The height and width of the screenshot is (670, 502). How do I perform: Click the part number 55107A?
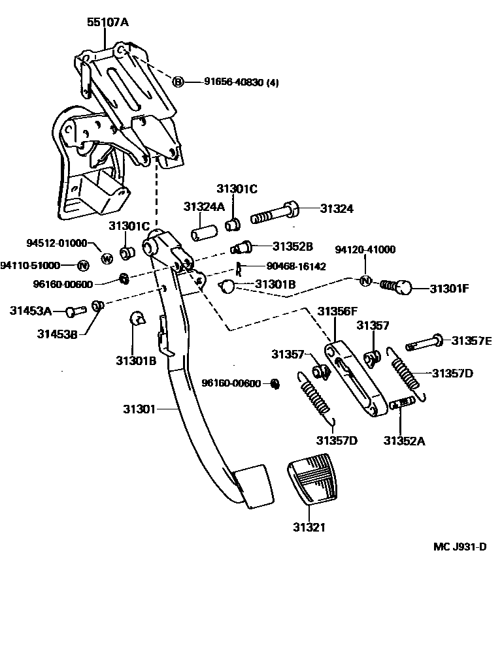(108, 22)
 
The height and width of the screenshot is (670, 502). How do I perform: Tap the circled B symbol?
(178, 82)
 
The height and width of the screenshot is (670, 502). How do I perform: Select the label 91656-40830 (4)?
(241, 82)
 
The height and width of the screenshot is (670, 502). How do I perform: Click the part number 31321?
(309, 527)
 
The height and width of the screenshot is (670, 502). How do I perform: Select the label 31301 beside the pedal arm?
(139, 409)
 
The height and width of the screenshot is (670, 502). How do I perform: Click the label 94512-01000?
(56, 243)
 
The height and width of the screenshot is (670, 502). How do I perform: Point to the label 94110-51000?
(30, 265)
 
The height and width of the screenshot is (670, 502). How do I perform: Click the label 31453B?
(57, 334)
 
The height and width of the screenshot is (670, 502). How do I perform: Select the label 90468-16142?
(297, 266)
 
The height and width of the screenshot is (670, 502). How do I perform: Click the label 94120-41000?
(365, 249)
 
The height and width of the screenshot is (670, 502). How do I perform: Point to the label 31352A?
(404, 441)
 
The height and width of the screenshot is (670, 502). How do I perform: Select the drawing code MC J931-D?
(460, 547)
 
